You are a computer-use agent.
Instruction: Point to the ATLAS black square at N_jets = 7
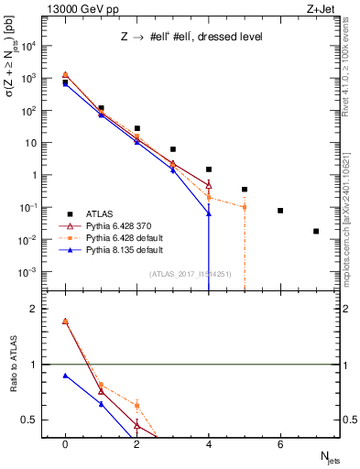tap(316, 231)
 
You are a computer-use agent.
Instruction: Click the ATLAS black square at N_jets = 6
tap(280, 211)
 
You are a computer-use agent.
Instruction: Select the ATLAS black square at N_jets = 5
tap(245, 190)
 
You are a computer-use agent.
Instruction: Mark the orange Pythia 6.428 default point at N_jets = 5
tap(245, 207)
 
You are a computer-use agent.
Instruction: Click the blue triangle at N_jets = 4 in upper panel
tap(209, 213)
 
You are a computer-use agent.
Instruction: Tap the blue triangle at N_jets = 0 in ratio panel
tap(65, 376)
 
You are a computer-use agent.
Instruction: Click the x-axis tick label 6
tap(280, 444)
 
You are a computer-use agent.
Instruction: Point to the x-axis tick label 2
tap(136, 444)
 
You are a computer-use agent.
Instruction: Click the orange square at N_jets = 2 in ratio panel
tap(136, 405)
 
